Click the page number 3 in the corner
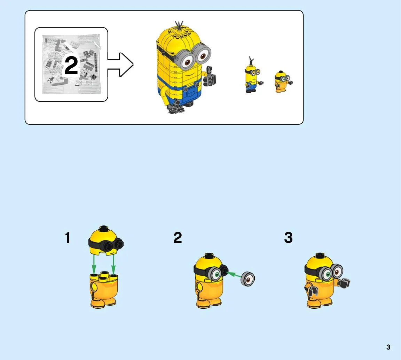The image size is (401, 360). click(x=388, y=347)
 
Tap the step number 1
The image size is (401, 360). click(x=68, y=238)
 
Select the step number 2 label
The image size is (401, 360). click(x=178, y=238)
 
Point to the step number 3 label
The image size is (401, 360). click(x=288, y=238)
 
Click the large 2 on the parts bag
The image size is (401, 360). click(x=71, y=66)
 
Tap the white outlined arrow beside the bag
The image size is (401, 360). click(x=120, y=64)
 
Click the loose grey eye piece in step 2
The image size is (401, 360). click(x=248, y=278)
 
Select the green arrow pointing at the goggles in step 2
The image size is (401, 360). click(x=234, y=275)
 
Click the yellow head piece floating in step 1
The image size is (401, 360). click(x=105, y=240)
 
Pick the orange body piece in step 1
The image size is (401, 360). click(x=104, y=289)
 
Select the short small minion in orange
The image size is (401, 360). click(x=283, y=82)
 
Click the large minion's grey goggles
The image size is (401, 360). click(x=194, y=55)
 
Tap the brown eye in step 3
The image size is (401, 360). click(x=337, y=272)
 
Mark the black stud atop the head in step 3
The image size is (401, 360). click(x=320, y=255)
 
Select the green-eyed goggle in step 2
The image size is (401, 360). click(x=216, y=274)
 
